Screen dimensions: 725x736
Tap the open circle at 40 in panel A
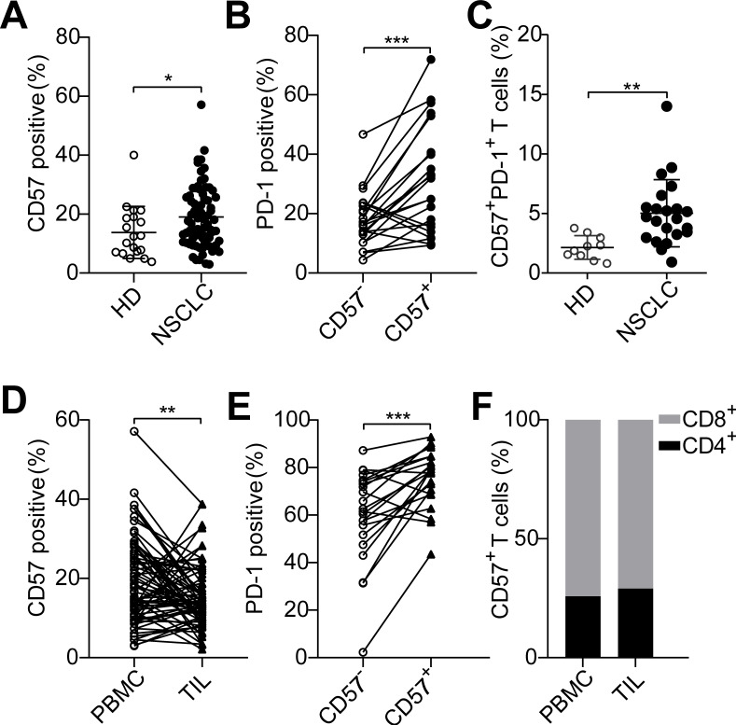[134, 155]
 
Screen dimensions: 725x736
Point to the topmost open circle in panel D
[133, 431]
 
